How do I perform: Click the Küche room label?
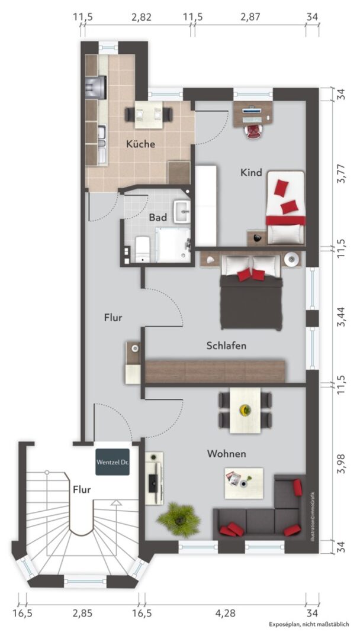[x=140, y=144]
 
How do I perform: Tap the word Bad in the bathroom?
[x=157, y=217]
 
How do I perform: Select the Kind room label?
[x=251, y=172]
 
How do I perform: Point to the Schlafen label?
[x=226, y=346]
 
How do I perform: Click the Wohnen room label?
[x=227, y=453]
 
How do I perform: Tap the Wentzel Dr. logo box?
[x=112, y=462]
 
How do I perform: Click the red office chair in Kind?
[x=253, y=131]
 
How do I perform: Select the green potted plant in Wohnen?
[x=179, y=519]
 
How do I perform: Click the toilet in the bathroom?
[x=142, y=249]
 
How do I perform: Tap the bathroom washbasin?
[x=182, y=211]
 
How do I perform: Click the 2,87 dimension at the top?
[x=250, y=17]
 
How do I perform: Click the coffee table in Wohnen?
[x=244, y=483]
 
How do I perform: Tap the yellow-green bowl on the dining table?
[x=245, y=409]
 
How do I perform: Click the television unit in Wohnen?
[x=154, y=478]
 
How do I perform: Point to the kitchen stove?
[x=96, y=87]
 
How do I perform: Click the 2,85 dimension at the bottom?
[x=82, y=614]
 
